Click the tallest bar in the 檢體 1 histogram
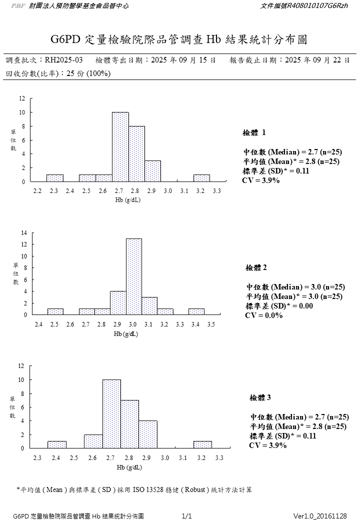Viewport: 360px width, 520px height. tap(120, 147)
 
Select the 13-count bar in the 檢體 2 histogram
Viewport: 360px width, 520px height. tap(133, 276)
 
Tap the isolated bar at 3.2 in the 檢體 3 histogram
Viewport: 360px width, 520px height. tap(202, 444)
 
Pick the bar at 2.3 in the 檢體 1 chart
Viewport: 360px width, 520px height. tap(55, 178)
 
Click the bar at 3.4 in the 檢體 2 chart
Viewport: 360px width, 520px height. tap(196, 311)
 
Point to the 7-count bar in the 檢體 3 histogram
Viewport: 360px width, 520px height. tap(129, 424)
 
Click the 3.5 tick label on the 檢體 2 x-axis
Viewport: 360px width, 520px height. tap(211, 324)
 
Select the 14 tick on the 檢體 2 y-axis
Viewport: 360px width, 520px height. tap(23, 233)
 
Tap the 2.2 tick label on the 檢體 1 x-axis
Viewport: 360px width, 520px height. tap(37, 191)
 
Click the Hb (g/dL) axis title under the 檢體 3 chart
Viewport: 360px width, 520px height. tap(129, 467)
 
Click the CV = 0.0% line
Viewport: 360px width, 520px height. tap(263, 315)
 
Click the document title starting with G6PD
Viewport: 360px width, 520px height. tap(179, 39)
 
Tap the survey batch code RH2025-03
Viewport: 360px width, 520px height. tap(63, 60)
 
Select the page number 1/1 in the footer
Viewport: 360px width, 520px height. tap(187, 515)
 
